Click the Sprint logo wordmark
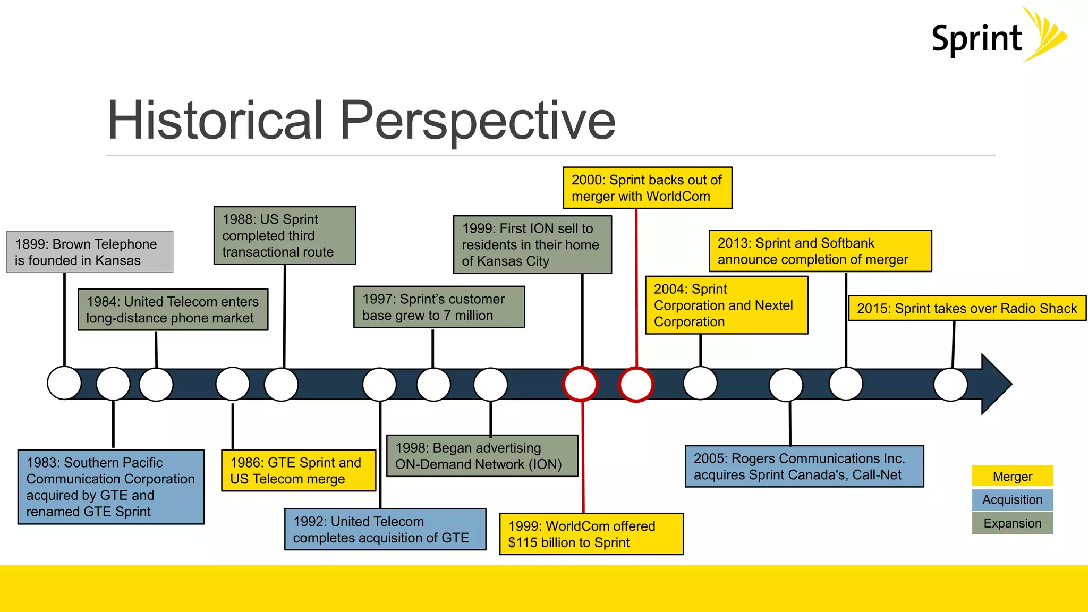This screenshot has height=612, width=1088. (976, 39)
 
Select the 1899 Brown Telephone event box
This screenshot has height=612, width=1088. (90, 252)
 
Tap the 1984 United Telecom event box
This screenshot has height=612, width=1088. (173, 310)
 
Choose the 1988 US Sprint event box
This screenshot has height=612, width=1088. (285, 235)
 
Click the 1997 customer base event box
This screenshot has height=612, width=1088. (439, 307)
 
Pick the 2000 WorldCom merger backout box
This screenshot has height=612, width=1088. (647, 188)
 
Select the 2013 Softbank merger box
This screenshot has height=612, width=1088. (820, 251)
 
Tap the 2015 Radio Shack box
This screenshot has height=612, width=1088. (967, 309)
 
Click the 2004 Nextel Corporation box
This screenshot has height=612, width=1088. (726, 305)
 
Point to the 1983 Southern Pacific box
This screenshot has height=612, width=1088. (110, 487)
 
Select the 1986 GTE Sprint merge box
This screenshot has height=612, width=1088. (299, 471)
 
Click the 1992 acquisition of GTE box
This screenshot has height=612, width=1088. (385, 530)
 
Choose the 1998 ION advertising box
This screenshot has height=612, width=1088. (482, 456)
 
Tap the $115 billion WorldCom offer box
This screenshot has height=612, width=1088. (591, 534)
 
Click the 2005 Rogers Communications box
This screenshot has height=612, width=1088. (804, 466)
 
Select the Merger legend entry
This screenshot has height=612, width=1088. (1012, 476)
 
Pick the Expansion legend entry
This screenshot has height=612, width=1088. (1012, 523)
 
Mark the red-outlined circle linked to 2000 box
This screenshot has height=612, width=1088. (636, 385)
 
